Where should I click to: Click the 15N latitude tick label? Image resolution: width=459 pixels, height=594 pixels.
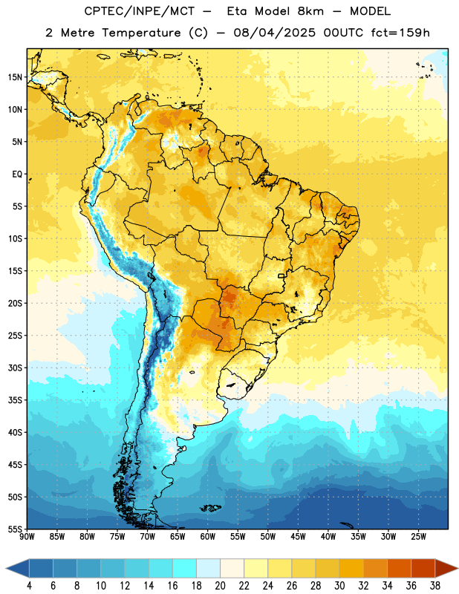tap(15, 77)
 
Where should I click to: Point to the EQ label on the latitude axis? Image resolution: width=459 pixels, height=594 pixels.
tap(17, 174)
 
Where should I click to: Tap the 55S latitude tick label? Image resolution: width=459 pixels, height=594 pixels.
tap(15, 529)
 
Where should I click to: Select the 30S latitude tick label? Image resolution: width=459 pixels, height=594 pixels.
tap(15, 368)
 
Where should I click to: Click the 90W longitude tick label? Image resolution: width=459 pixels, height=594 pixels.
tap(27, 537)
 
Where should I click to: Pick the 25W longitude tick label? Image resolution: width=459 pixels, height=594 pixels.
tap(418, 537)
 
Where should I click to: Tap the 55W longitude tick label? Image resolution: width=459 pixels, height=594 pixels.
tap(238, 537)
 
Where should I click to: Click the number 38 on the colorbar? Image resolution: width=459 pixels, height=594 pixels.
tap(435, 586)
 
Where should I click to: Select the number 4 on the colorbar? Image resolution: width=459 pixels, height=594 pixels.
tap(29, 586)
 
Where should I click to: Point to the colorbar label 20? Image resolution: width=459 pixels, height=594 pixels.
tap(220, 586)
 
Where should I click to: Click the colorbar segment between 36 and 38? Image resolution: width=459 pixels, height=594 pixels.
tap(423, 568)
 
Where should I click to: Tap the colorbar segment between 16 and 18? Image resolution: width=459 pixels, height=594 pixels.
tap(185, 568)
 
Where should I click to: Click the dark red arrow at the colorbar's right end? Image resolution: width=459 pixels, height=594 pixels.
tap(446, 568)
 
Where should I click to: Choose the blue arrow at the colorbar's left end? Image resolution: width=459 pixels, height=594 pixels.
tap(17, 568)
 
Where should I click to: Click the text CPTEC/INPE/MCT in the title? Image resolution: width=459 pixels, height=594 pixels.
tap(139, 11)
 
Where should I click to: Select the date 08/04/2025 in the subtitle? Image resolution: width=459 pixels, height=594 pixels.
tap(274, 33)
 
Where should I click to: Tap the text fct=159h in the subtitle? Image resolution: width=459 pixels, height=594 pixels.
tap(400, 33)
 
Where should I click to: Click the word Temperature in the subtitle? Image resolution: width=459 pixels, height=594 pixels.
tap(141, 33)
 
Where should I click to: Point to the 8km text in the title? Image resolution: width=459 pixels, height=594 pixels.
tap(310, 11)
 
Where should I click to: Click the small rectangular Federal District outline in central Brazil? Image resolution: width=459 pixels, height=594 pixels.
tap(281, 275)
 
